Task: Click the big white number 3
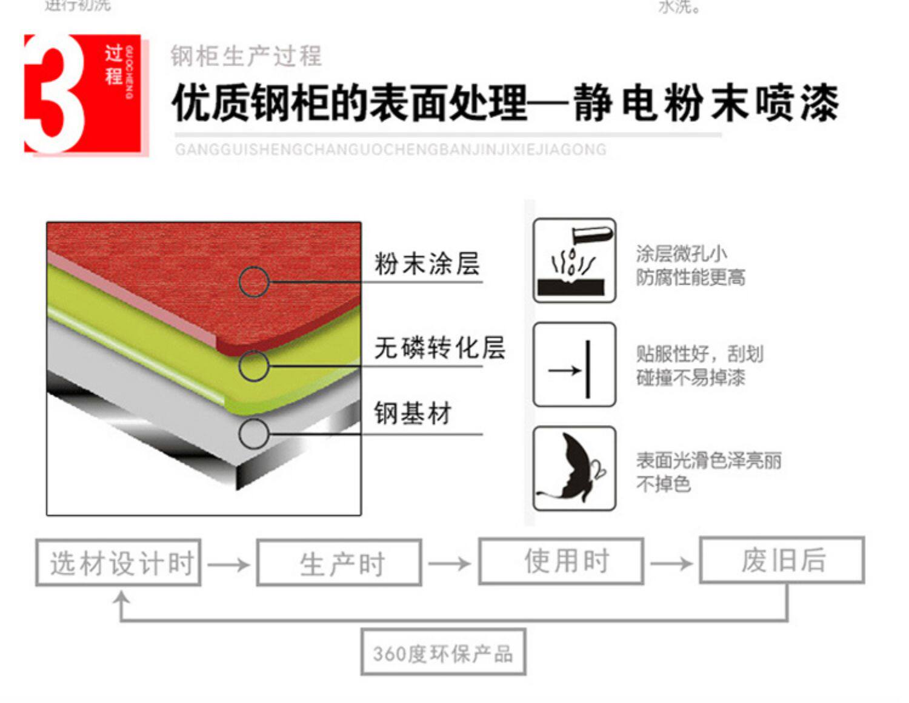(53, 94)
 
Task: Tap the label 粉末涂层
(427, 264)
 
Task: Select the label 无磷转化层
(439, 348)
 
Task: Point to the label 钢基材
(413, 414)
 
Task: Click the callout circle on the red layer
(253, 282)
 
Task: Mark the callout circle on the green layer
(253, 366)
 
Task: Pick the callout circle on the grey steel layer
(253, 434)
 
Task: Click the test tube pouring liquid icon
(574, 260)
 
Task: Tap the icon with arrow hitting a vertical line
(574, 365)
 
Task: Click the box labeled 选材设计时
(118, 563)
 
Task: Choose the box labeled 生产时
(339, 563)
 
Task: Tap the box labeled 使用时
(561, 561)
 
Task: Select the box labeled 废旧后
(782, 560)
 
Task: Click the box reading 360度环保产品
(443, 652)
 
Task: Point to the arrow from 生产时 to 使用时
(449, 564)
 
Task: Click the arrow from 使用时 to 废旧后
(671, 564)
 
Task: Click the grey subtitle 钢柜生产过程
(246, 56)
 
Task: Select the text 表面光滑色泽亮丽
(708, 461)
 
